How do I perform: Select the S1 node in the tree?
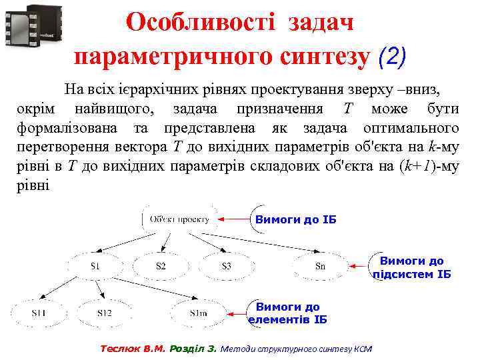pos(96,266)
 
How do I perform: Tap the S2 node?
pos(161,266)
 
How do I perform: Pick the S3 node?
pos(226,266)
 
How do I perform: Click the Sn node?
pos(320,267)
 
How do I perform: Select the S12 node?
pos(104,313)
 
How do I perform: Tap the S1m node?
pos(199,313)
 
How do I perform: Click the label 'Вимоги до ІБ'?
pos(292,220)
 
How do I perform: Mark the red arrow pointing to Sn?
pos(361,267)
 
